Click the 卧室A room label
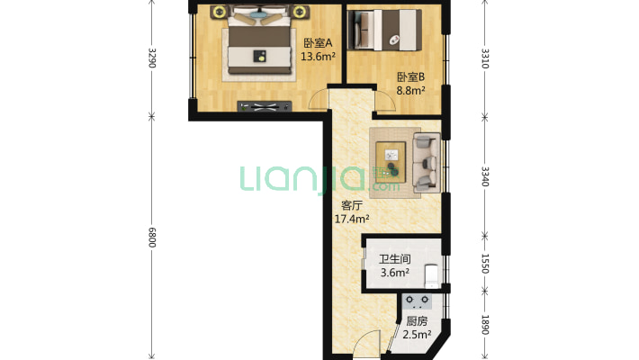click(x=318, y=43)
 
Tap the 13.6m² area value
click(x=318, y=57)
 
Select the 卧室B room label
click(x=410, y=77)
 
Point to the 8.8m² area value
click(x=410, y=90)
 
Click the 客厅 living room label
click(x=352, y=205)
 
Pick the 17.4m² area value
click(x=352, y=219)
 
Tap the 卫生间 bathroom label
click(x=394, y=259)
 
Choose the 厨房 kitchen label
click(x=417, y=321)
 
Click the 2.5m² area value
click(x=417, y=335)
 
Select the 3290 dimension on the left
click(x=151, y=58)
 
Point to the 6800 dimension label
click(x=151, y=238)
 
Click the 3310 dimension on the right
click(x=485, y=58)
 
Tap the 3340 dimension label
click(x=485, y=176)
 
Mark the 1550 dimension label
click(x=485, y=264)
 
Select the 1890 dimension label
click(x=485, y=325)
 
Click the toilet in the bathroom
click(x=432, y=276)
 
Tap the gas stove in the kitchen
click(x=417, y=301)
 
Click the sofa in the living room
click(x=427, y=162)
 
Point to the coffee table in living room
click(x=391, y=162)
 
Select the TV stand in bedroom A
click(x=265, y=106)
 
